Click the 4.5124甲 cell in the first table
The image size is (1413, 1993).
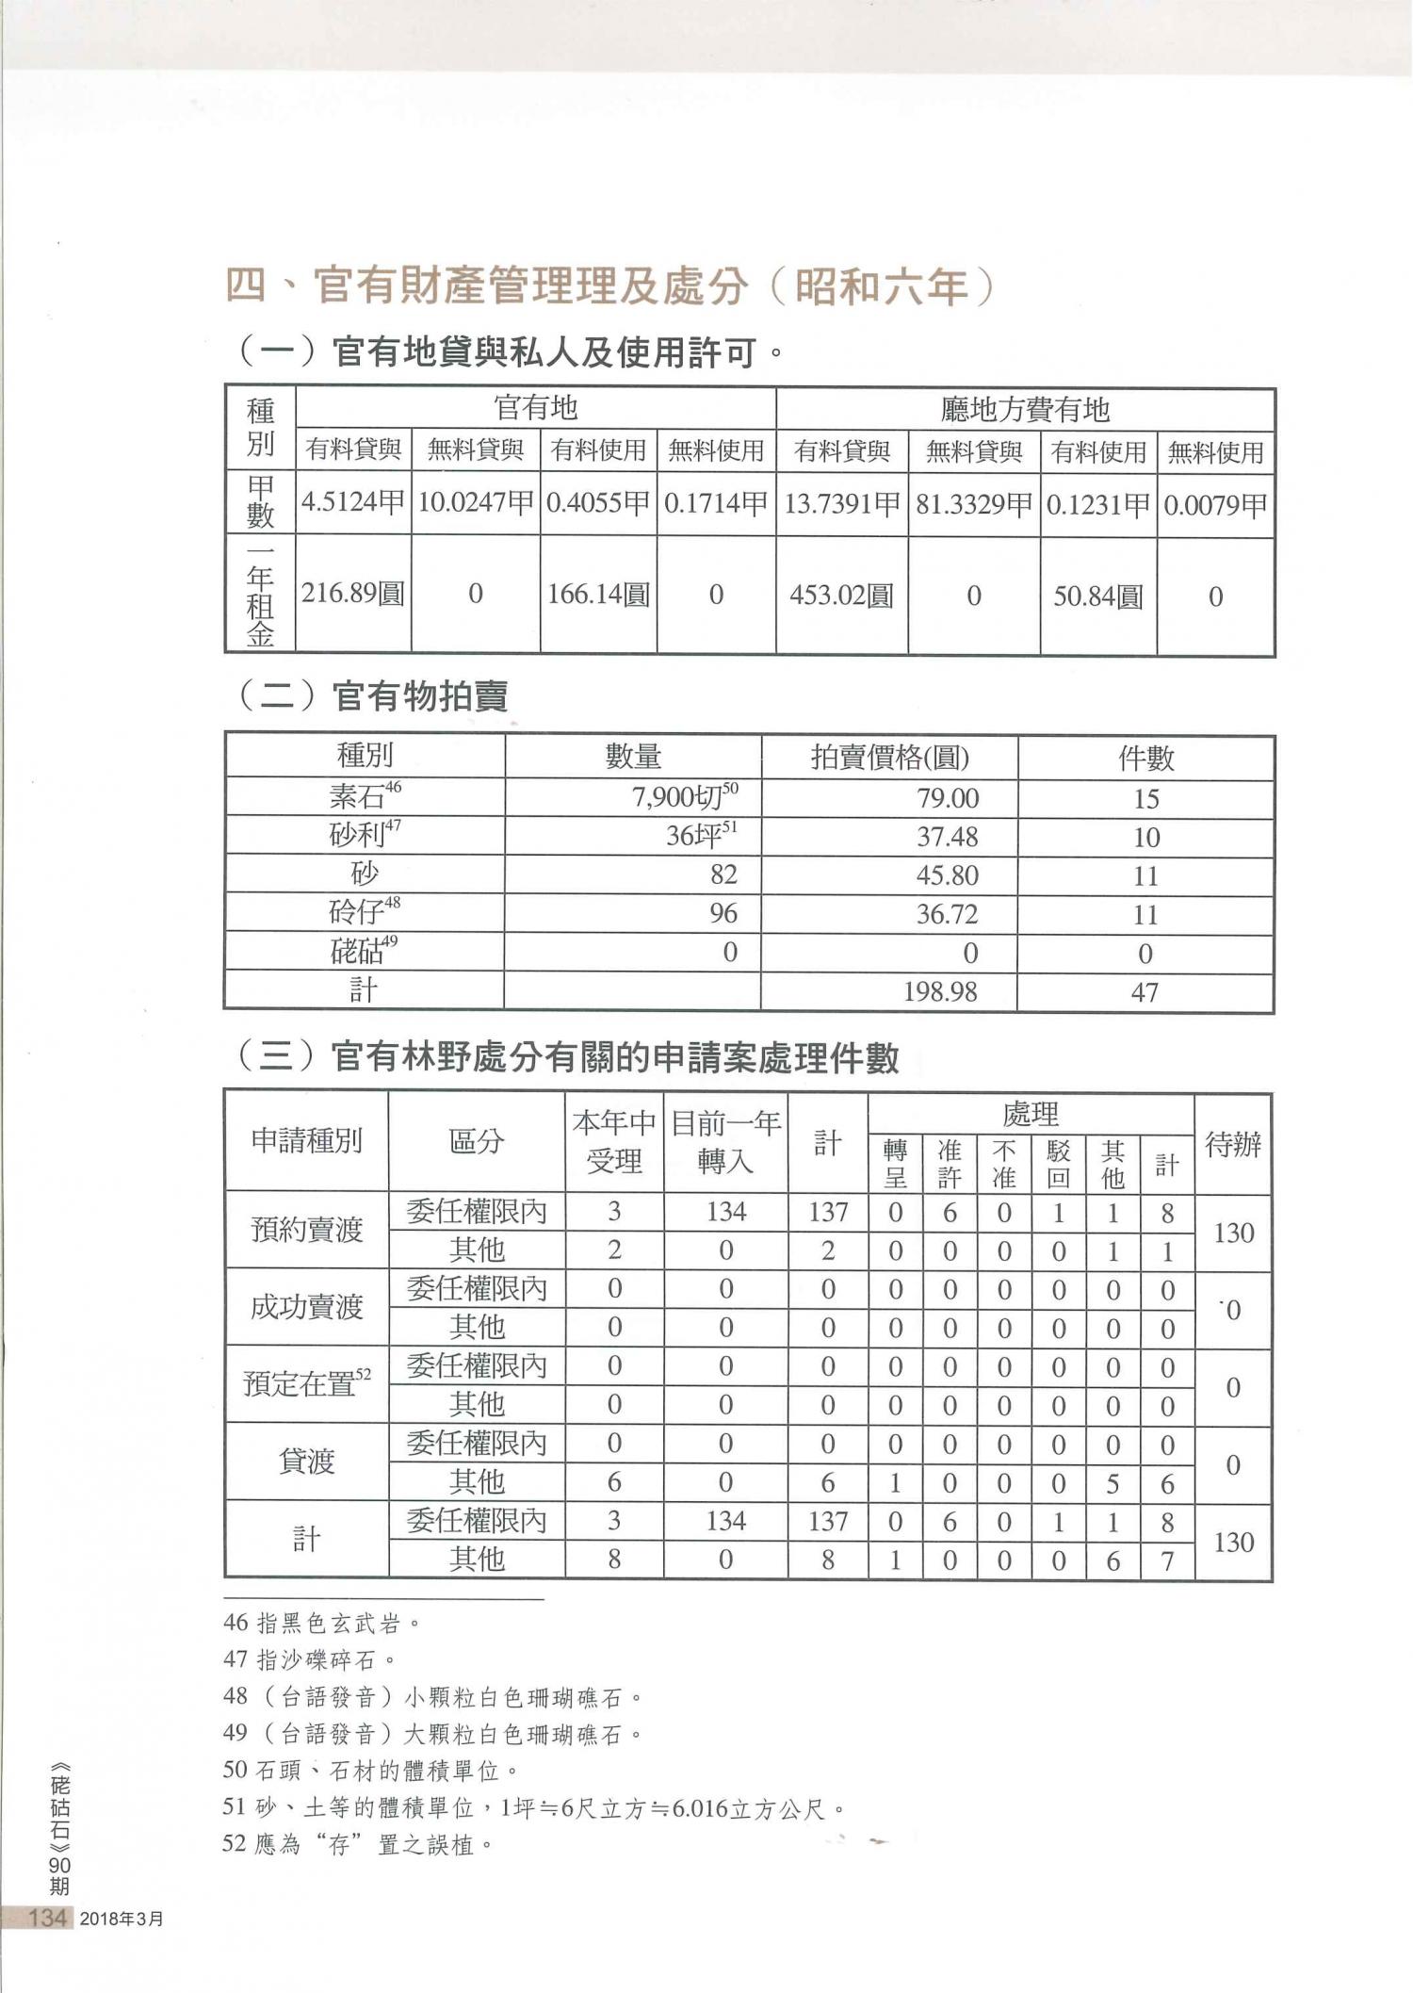(353, 502)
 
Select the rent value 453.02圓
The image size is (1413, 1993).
(841, 596)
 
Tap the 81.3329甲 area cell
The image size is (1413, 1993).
(974, 503)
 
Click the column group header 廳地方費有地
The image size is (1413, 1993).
(1025, 409)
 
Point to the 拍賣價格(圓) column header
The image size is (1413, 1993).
(889, 757)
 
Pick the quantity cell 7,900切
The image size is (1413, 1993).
(685, 798)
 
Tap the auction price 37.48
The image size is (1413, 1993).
(947, 837)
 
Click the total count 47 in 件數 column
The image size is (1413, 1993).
(1145, 992)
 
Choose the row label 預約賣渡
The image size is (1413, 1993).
(306, 1230)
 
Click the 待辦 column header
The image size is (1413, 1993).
(1233, 1145)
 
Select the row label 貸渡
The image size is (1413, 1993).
(306, 1462)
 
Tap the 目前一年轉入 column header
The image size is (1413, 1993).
(725, 1142)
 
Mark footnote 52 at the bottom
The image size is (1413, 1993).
(358, 1844)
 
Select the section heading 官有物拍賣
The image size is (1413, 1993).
(419, 696)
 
